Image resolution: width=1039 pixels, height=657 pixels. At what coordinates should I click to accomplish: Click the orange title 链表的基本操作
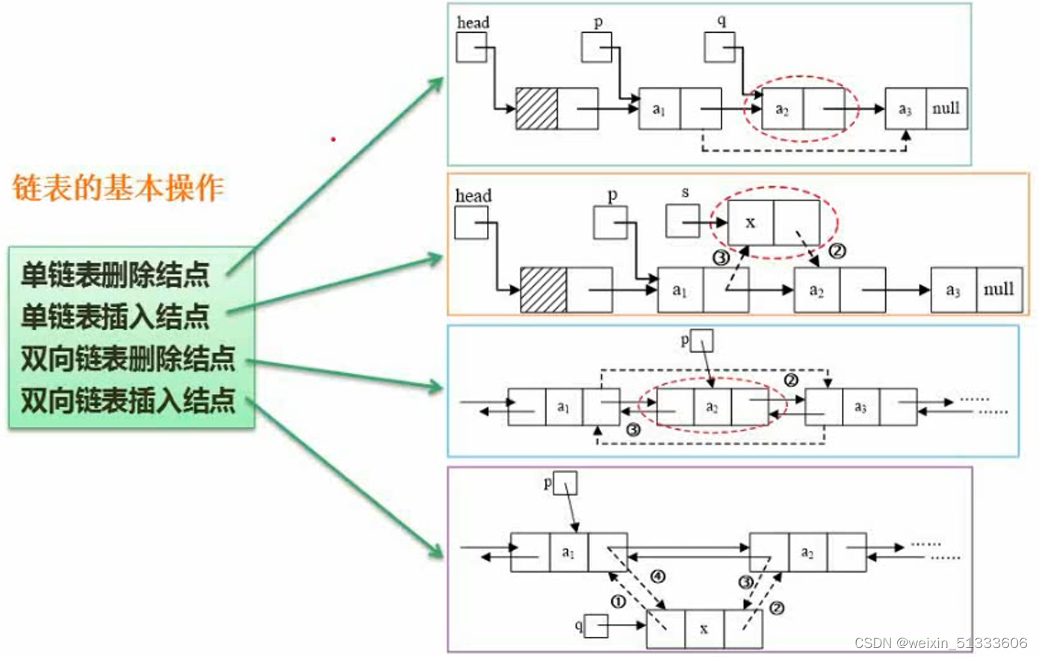click(x=118, y=188)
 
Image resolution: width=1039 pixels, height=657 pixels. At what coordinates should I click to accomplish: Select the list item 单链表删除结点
click(x=115, y=275)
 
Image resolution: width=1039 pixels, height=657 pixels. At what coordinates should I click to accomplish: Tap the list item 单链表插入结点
click(x=115, y=317)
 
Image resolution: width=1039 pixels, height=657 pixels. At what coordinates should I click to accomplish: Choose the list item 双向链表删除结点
click(x=128, y=359)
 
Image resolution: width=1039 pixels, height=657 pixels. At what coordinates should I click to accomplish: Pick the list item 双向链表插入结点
click(x=128, y=401)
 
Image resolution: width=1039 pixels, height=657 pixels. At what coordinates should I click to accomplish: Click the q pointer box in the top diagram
click(x=719, y=48)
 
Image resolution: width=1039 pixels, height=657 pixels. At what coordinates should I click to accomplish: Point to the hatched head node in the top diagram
click(x=536, y=108)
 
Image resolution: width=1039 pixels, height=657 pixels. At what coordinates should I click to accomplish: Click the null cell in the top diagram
click(x=946, y=108)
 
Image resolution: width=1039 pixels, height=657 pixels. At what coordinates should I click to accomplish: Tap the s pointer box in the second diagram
click(x=682, y=222)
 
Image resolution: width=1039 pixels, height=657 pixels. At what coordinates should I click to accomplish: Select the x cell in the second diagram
click(x=751, y=223)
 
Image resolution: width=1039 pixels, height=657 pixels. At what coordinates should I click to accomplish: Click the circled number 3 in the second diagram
click(x=721, y=258)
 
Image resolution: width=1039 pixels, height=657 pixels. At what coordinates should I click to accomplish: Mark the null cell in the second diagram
click(x=999, y=289)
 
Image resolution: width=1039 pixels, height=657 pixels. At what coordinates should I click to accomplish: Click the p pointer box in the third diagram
click(x=702, y=341)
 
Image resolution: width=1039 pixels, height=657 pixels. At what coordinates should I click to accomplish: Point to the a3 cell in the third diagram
click(x=860, y=407)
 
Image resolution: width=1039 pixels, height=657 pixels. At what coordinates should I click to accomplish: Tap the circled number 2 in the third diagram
click(x=791, y=380)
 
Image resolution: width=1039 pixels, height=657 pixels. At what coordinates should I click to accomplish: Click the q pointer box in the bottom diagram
click(x=595, y=626)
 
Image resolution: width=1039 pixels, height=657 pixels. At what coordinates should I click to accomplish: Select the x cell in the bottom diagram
click(x=704, y=629)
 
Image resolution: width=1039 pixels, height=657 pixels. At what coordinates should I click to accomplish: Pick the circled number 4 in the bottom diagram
click(x=657, y=576)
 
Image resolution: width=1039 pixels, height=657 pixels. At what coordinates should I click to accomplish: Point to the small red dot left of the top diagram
click(x=333, y=139)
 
